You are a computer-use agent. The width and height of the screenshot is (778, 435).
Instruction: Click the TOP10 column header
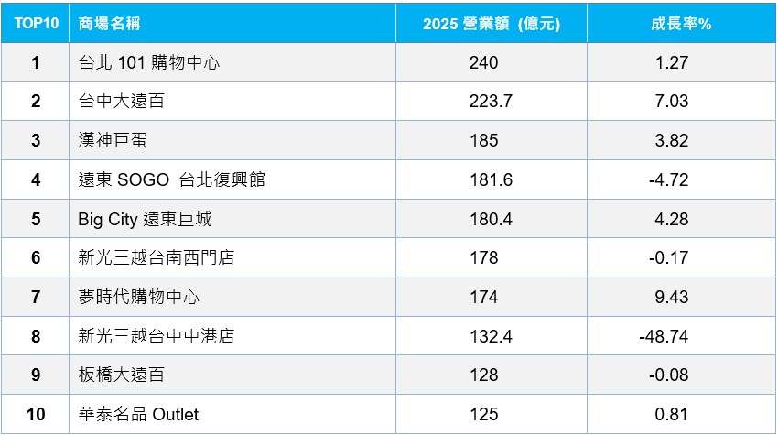coord(37,23)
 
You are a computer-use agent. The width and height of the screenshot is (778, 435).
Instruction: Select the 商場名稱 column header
coord(109,23)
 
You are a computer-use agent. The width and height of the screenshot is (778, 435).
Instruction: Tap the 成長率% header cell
coord(681,23)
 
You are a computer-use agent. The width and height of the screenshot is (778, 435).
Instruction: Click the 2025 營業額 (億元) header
coord(492,24)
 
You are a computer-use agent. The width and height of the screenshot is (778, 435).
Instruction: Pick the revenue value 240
coord(484,62)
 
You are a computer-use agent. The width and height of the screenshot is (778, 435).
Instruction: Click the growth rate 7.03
coord(671,101)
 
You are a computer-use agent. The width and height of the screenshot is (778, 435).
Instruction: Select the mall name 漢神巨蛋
coord(113,140)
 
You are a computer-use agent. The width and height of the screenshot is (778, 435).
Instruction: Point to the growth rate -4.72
coord(669,179)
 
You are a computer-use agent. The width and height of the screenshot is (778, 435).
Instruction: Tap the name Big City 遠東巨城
coord(145,219)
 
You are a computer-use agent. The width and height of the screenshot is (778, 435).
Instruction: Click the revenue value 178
coord(484,257)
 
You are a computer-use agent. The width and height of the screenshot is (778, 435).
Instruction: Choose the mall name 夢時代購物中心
coord(139,297)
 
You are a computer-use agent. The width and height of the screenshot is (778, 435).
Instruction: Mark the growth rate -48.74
coord(664,336)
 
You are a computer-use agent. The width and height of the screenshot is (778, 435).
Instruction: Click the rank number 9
coord(36,375)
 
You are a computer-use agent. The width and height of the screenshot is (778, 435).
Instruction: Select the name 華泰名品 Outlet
coord(138,414)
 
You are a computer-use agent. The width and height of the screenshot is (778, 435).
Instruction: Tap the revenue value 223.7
coord(491,101)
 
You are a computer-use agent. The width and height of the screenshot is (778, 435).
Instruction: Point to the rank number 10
coord(36,414)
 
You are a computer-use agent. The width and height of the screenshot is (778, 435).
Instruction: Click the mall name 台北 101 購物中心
coord(149,62)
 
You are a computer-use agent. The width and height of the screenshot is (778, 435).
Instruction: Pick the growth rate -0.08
coord(669,375)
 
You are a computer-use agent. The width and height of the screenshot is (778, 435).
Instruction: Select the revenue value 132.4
coord(492,336)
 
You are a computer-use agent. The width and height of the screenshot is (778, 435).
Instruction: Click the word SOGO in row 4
coord(144,179)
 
